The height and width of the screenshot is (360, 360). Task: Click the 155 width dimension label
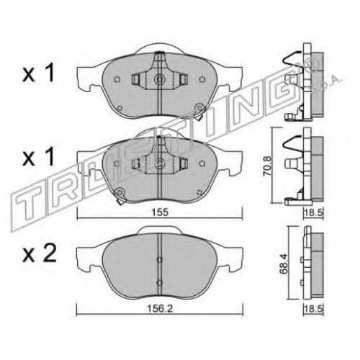coord(160,212)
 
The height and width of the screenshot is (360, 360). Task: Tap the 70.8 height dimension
coord(269,166)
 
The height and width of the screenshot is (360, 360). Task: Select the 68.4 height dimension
coord(284,264)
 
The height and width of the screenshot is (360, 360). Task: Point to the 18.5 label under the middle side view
coord(314,212)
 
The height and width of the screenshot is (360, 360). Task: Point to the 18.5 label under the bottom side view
coord(314,310)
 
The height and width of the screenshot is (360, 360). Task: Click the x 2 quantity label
coord(40,253)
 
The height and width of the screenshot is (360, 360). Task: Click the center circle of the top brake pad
coord(159,78)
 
